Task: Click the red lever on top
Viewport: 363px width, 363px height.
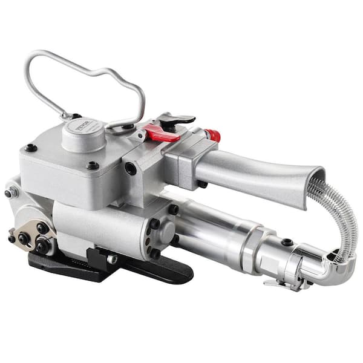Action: (x=162, y=134)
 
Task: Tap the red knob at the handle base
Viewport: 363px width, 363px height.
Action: (x=213, y=135)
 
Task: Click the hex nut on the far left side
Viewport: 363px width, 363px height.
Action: (x=11, y=193)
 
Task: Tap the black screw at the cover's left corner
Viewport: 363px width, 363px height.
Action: (x=30, y=147)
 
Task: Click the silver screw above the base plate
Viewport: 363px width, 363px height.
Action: (x=111, y=259)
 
